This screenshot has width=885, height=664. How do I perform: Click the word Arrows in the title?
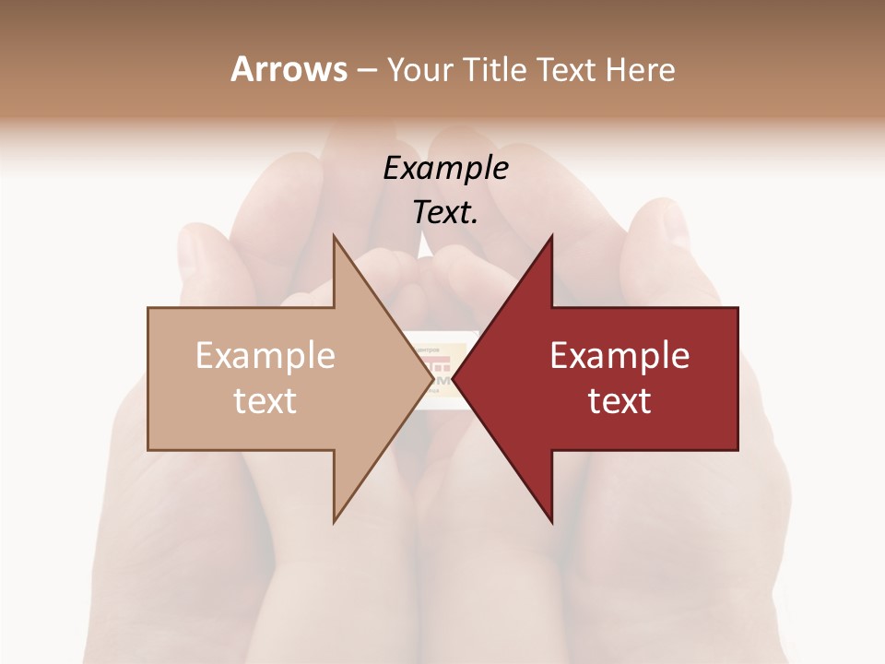click(289, 69)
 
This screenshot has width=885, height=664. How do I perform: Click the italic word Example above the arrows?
click(445, 168)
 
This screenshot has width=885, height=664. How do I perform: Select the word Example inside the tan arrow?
click(265, 356)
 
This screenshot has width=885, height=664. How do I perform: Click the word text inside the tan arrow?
click(265, 401)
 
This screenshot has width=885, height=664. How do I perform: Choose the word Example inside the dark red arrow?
click(619, 356)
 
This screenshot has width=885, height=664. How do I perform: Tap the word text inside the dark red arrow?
click(619, 401)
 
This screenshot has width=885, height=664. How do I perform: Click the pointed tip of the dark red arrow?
click(452, 379)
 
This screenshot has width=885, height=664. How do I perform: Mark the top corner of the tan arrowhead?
click(334, 236)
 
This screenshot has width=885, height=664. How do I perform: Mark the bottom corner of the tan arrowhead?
click(334, 522)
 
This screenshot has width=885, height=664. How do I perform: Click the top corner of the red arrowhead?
click(552, 236)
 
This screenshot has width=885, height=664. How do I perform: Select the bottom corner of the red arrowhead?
click(552, 522)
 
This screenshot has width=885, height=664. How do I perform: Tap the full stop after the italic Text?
click(475, 222)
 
